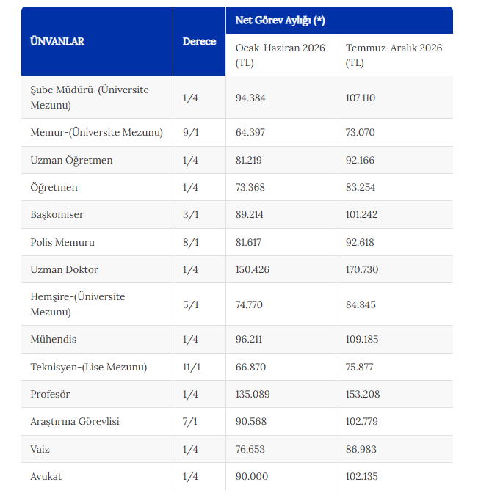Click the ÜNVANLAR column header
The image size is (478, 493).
(x=57, y=42)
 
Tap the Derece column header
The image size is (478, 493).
(x=199, y=42)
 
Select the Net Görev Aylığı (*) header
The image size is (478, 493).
(x=280, y=21)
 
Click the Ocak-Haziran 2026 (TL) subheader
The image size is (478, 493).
(x=280, y=55)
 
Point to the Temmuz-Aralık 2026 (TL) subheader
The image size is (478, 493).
(x=394, y=55)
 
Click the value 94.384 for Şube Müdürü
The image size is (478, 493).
(x=250, y=98)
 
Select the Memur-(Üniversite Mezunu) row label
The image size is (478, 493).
(x=97, y=132)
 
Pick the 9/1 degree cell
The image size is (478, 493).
(x=191, y=132)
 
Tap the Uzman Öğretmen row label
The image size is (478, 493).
(x=71, y=161)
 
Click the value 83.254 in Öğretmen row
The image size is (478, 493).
(x=361, y=187)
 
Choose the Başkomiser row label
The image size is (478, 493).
(x=57, y=215)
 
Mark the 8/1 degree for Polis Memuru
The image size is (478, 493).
(x=191, y=242)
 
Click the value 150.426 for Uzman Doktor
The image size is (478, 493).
(x=253, y=269)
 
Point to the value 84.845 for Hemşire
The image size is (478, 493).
(x=361, y=304)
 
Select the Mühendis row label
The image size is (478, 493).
(x=54, y=339)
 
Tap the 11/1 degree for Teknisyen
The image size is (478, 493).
(x=192, y=367)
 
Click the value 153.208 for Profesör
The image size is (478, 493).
(x=363, y=394)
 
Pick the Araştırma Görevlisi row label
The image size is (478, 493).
(x=75, y=422)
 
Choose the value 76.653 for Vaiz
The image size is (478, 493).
(x=250, y=449)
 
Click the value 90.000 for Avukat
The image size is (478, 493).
(x=252, y=476)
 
